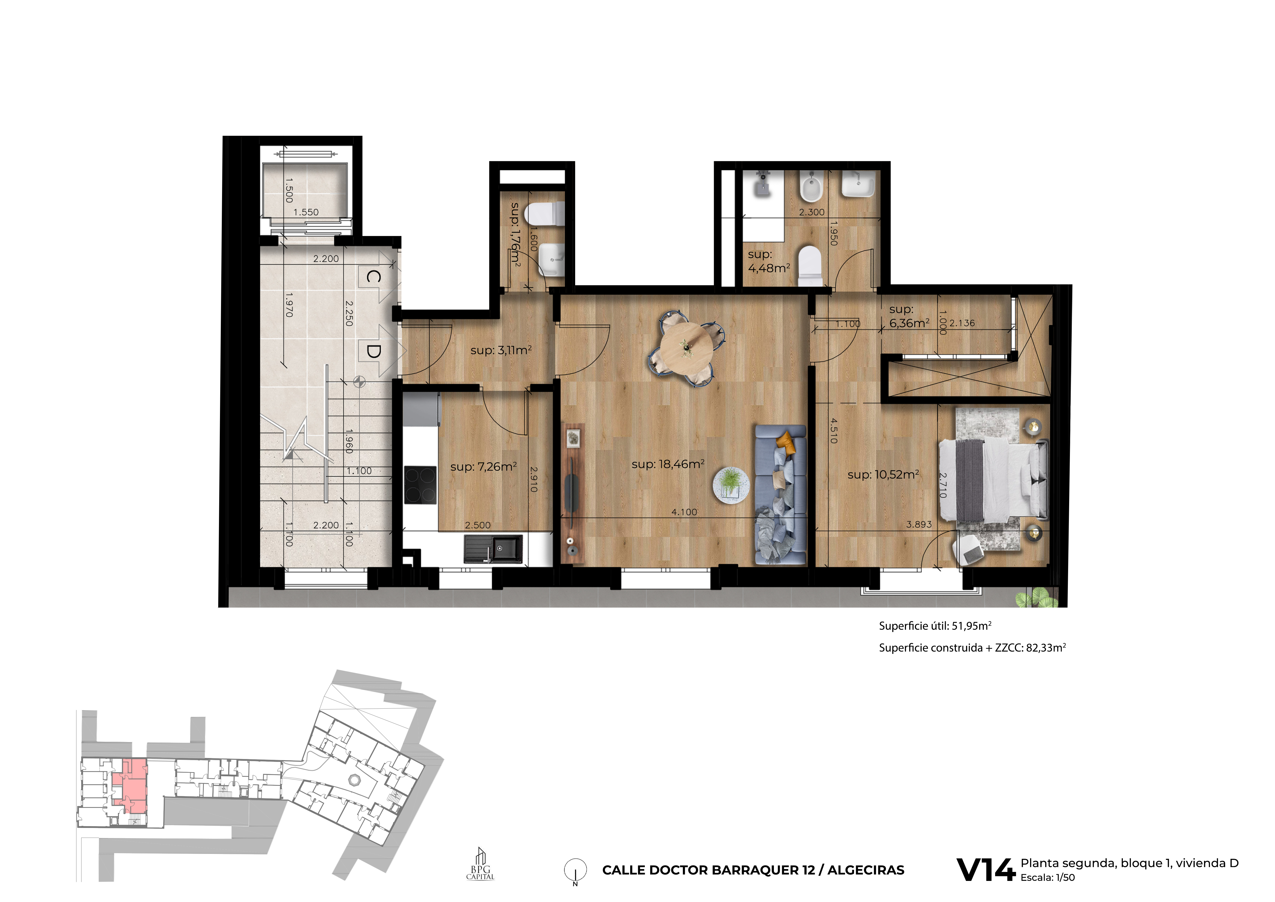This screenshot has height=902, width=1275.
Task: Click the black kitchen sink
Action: tap(493, 549)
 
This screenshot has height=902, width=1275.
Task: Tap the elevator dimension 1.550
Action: tap(306, 212)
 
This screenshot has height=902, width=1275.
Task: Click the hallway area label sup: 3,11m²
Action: tap(501, 350)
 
